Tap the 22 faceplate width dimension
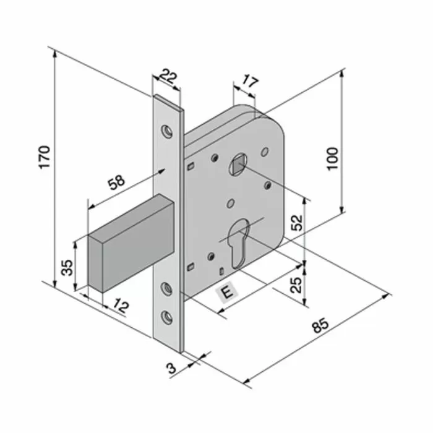click(167, 77)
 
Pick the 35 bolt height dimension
click(67, 267)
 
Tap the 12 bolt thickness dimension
click(121, 305)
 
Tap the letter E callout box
click(227, 293)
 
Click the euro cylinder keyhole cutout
click(238, 245)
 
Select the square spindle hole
click(238, 165)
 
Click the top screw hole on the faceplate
click(166, 131)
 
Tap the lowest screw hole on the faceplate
click(166, 316)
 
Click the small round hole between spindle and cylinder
click(231, 202)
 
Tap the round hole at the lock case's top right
click(265, 150)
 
